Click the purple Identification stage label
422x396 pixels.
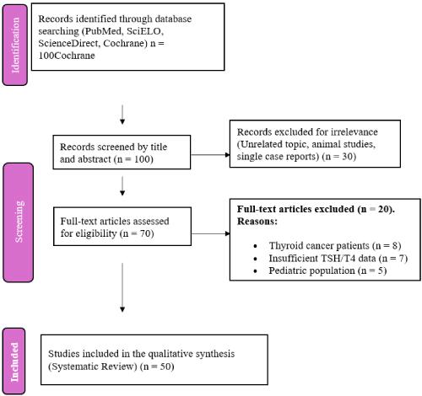tap(14, 43)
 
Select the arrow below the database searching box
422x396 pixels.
tap(124, 114)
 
